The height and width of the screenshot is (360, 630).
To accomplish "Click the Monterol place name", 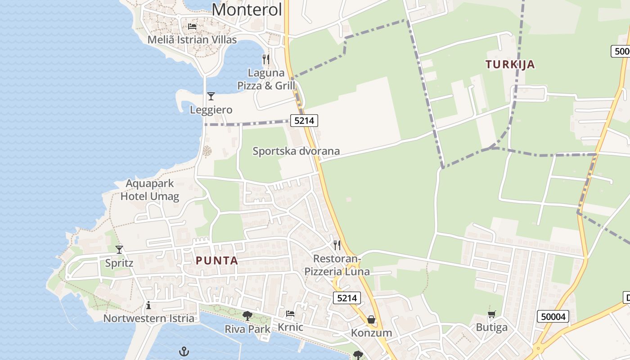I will point(247,9).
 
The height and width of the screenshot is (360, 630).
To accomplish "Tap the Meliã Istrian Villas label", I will point(192,40).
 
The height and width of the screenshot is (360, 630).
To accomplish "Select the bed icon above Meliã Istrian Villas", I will point(192,26).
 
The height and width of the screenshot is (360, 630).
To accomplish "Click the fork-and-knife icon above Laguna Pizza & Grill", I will point(266,59).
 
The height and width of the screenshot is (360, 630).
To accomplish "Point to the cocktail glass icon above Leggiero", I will point(211,96).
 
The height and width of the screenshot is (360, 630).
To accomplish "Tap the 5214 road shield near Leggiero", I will point(304,121).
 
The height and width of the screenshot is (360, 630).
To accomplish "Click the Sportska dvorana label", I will point(296,151).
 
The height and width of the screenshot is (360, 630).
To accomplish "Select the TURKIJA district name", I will point(510,64).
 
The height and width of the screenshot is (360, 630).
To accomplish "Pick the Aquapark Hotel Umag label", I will point(150,190).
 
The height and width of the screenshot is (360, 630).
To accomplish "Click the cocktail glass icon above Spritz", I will point(119,249).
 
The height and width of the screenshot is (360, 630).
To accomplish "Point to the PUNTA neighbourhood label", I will point(217,261).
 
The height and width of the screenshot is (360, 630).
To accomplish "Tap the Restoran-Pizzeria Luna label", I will point(337,265).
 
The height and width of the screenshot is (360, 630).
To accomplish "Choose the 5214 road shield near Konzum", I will point(347,298).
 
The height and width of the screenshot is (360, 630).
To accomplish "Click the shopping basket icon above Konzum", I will point(371,319).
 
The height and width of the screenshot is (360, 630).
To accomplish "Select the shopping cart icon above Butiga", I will point(492,314).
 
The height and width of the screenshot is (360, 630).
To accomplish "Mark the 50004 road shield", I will point(553,317).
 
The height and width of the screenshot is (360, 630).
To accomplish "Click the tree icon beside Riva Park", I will point(247,316).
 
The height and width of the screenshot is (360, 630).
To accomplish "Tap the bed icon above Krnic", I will point(290,314).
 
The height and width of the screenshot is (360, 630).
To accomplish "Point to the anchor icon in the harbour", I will point(184,351).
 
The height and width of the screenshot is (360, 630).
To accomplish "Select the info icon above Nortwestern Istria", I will point(148,306).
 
